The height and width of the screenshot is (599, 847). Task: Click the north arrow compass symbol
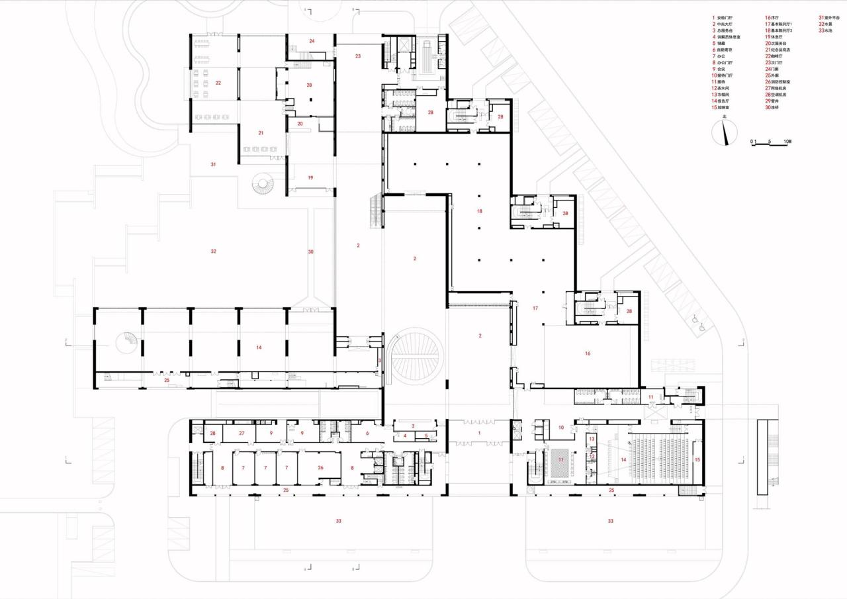(725, 134)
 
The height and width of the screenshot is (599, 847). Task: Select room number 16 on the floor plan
(587, 353)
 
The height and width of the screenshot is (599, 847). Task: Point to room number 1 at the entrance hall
(480, 432)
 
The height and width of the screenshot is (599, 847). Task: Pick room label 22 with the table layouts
(218, 83)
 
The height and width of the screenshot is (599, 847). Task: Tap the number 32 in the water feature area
(213, 251)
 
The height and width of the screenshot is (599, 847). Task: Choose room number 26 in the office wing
(320, 468)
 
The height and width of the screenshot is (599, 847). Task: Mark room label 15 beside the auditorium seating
(695, 459)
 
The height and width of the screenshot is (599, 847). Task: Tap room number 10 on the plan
(560, 428)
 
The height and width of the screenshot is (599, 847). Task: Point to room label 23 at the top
(357, 56)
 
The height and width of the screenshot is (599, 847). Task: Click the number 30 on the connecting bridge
(310, 252)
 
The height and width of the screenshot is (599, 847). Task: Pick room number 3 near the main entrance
(412, 426)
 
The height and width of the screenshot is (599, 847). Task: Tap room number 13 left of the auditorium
(592, 439)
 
